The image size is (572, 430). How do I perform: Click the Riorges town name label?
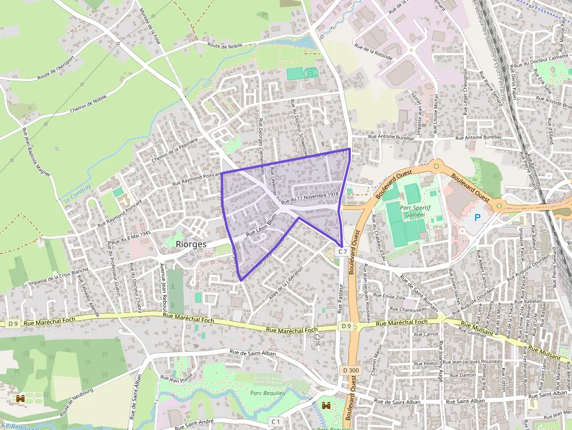[x=191, y=244]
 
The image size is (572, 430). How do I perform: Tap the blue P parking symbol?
[x=477, y=218]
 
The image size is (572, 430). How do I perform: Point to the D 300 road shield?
[x=351, y=370]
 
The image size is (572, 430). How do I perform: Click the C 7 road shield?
[x=342, y=251]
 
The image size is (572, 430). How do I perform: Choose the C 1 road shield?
[x=275, y=421]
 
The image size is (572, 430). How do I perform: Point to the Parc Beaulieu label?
[x=267, y=392]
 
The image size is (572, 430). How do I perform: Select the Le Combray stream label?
[x=74, y=193]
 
